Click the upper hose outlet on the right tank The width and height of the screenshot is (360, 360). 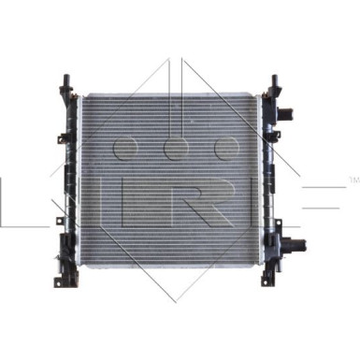pos(285,113)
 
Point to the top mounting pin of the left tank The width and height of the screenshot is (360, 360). pos(66,81)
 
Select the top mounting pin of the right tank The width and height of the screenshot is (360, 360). pos(276,81)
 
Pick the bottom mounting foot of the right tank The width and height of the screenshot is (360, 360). pos(268,278)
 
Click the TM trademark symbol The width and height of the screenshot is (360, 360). pos(353,180)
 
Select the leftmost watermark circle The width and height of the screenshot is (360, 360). pos(125,149)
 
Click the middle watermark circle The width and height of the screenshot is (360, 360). pos(177,149)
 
